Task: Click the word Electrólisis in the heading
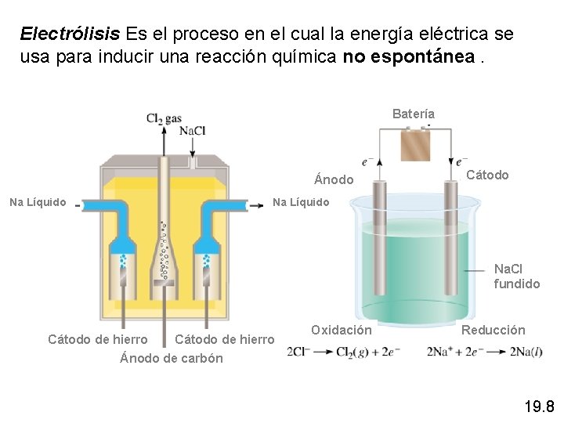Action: coord(70,34)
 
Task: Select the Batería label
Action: coord(414,114)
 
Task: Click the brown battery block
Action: coord(416,145)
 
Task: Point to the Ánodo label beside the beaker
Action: coord(334,180)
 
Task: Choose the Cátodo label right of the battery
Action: coord(487,175)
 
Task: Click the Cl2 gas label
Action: coord(164,119)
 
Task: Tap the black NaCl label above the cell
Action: coord(192,131)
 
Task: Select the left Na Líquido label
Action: coord(38,203)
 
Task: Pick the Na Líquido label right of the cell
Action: coord(301,203)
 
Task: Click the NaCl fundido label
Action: coord(517,277)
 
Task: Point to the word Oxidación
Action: coord(342,331)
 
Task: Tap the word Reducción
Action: coord(493,331)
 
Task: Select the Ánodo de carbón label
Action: coord(172,359)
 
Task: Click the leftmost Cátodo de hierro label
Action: coord(98,340)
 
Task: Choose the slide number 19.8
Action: coord(539,406)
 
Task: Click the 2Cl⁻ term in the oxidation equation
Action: coord(298,352)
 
